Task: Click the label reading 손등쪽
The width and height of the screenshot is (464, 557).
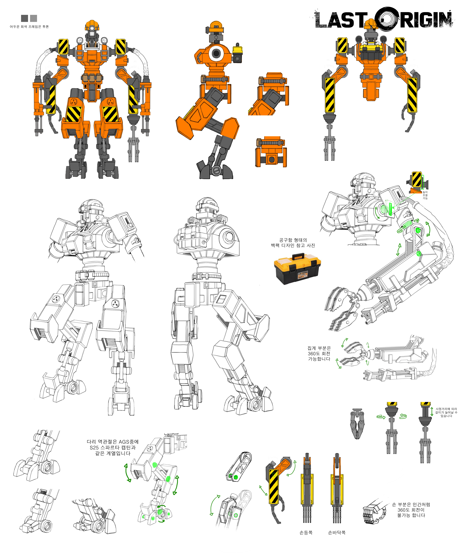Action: [306, 532]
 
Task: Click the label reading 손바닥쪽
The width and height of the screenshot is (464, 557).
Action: [337, 532]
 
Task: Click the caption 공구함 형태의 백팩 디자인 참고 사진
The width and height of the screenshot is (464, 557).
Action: [293, 243]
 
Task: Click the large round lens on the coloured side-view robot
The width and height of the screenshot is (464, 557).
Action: [216, 54]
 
